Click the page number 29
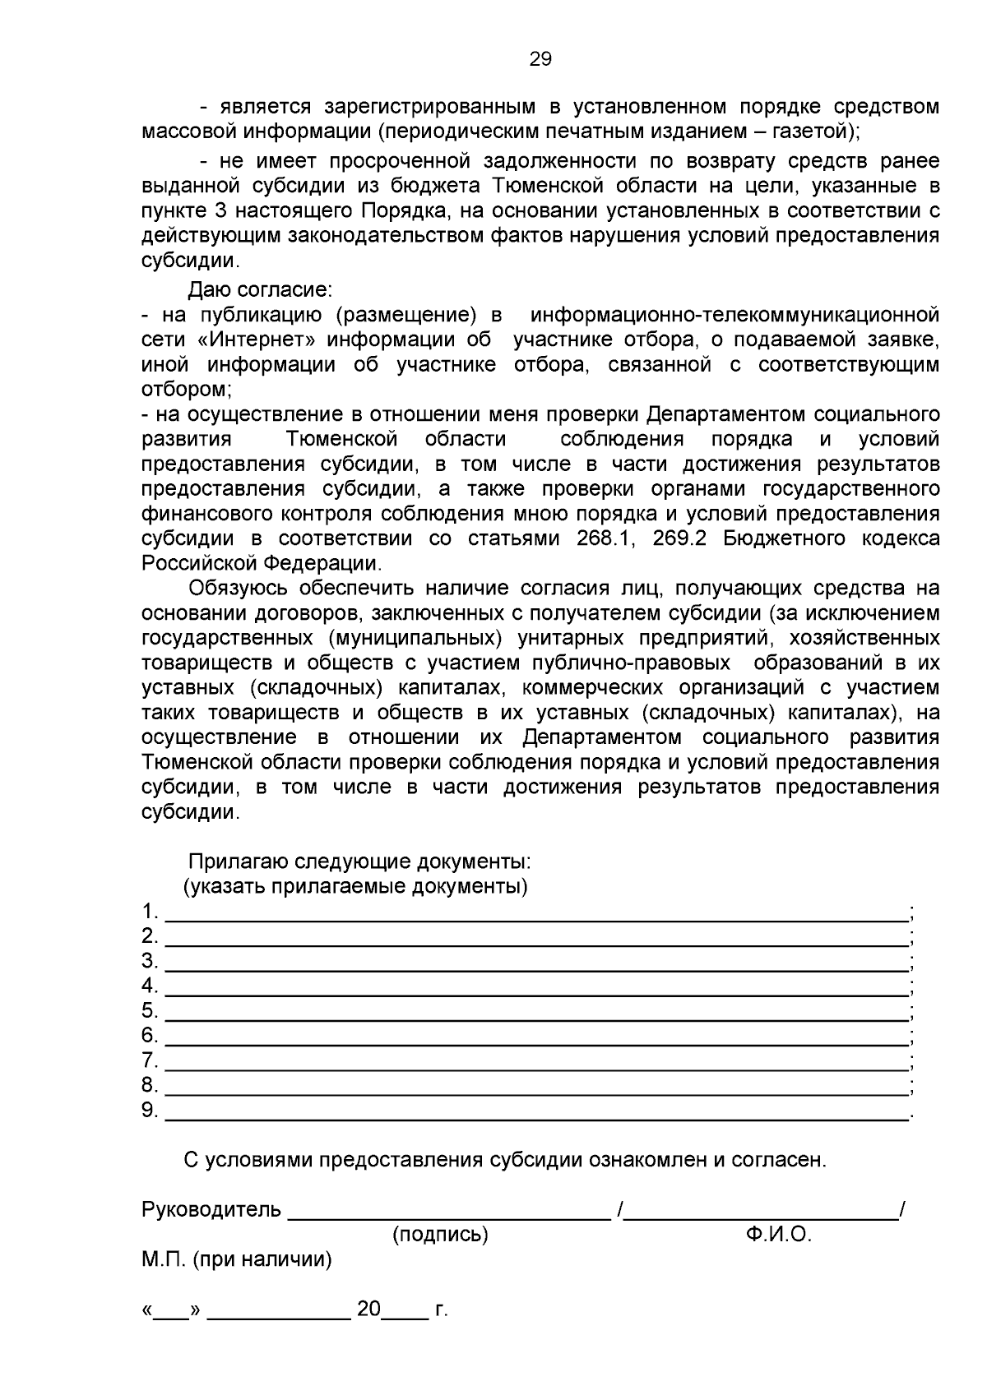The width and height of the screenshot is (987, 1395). [x=540, y=59]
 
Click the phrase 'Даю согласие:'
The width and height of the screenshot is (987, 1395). [x=260, y=290]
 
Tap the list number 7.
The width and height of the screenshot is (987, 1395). [x=149, y=1060]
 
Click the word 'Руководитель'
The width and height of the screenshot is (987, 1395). [x=211, y=1210]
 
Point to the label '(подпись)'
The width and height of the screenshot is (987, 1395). [x=440, y=1235]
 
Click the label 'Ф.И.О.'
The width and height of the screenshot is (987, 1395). [x=779, y=1235]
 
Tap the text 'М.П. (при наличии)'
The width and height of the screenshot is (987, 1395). [x=237, y=1259]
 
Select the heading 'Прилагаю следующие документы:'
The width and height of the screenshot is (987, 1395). [x=359, y=862]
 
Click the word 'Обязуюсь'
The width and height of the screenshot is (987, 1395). [x=238, y=589]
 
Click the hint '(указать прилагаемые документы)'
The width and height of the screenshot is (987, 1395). [x=354, y=887]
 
